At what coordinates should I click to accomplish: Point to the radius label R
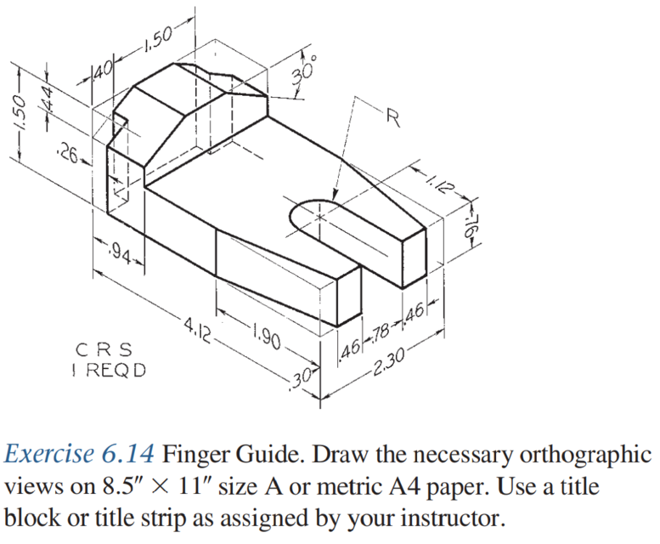392,118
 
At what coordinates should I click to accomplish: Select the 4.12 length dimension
196,324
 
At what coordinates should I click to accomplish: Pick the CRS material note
104,348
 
